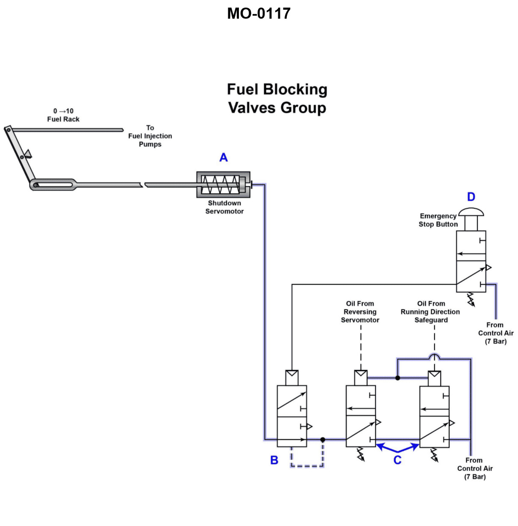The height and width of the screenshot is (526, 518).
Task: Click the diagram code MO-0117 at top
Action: coord(259,14)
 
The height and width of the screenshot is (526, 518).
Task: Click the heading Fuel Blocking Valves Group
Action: coord(277,98)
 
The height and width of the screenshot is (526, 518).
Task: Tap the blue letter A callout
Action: coord(224,158)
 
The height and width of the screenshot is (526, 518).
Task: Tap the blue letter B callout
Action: coord(274,460)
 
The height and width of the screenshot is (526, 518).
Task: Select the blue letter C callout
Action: coord(397,460)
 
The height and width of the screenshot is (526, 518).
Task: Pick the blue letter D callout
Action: coord(471,197)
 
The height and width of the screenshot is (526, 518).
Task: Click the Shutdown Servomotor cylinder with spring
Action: coord(223,185)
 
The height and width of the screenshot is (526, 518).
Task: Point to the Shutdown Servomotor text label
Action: coord(224,207)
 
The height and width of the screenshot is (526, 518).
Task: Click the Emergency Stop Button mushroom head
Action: coord(471,212)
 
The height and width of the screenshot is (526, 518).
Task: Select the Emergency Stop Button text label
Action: coord(438,220)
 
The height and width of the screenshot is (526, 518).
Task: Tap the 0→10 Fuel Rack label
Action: coord(63,115)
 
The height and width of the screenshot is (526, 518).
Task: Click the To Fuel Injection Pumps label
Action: coord(150,136)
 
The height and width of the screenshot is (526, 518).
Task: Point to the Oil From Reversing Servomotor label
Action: coord(360,311)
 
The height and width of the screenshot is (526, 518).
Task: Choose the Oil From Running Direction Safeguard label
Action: coord(430,311)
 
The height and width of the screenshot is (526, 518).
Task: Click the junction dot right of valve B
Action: coord(323,440)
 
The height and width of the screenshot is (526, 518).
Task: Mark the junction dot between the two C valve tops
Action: coord(397,378)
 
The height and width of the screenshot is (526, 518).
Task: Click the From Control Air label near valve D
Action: coord(496,333)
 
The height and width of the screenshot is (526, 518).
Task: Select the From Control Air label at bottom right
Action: coord(475,468)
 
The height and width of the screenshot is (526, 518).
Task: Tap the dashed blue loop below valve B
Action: coord(307,465)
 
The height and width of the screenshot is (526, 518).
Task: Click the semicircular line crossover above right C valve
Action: coord(435,356)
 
